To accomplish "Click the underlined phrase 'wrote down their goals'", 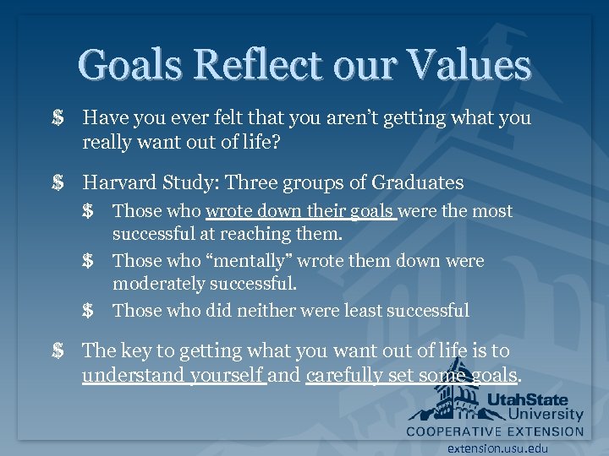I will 300,211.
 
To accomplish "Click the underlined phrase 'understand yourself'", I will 173,375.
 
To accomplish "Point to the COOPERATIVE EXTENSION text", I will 496,431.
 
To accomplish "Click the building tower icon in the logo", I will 448,394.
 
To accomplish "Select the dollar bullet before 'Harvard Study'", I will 58,182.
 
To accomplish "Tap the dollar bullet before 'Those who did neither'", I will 88,311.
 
